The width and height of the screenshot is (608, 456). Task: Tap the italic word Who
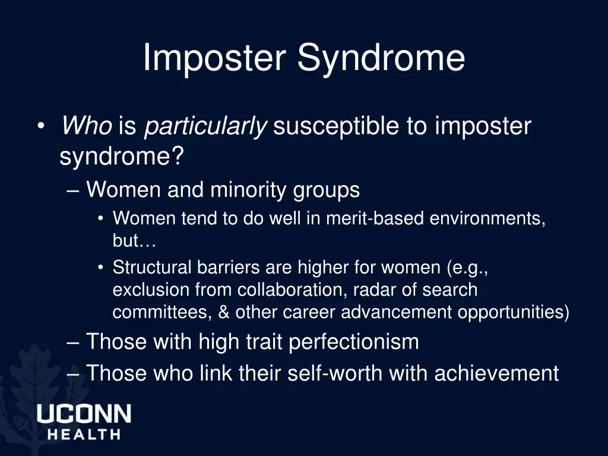(86, 126)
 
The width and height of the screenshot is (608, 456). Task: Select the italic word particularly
(205, 126)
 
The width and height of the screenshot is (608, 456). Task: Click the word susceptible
(335, 126)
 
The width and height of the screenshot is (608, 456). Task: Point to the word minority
(250, 190)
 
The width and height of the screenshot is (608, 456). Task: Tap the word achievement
(496, 373)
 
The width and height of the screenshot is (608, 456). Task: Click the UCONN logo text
(84, 414)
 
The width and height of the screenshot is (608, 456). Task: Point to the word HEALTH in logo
(84, 434)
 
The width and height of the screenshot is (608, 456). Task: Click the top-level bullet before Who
(40, 126)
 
